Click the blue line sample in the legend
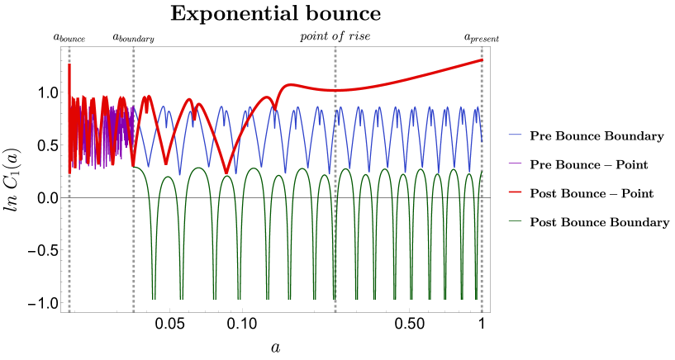[515, 135]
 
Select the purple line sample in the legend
[515, 163]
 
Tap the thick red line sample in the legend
[515, 192]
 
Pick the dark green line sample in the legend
[515, 220]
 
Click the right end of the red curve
[482, 59]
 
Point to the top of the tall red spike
[69, 65]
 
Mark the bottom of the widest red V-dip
[226, 173]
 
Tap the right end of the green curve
[482, 173]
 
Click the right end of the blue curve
[482, 140]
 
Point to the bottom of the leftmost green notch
[154, 297]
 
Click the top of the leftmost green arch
[168, 177]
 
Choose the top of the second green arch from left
[198, 168]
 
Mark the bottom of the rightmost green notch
[476, 297]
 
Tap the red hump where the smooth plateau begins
[288, 85]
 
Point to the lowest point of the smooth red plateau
[335, 90]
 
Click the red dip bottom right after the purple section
[166, 163]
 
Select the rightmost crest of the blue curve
[477, 108]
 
